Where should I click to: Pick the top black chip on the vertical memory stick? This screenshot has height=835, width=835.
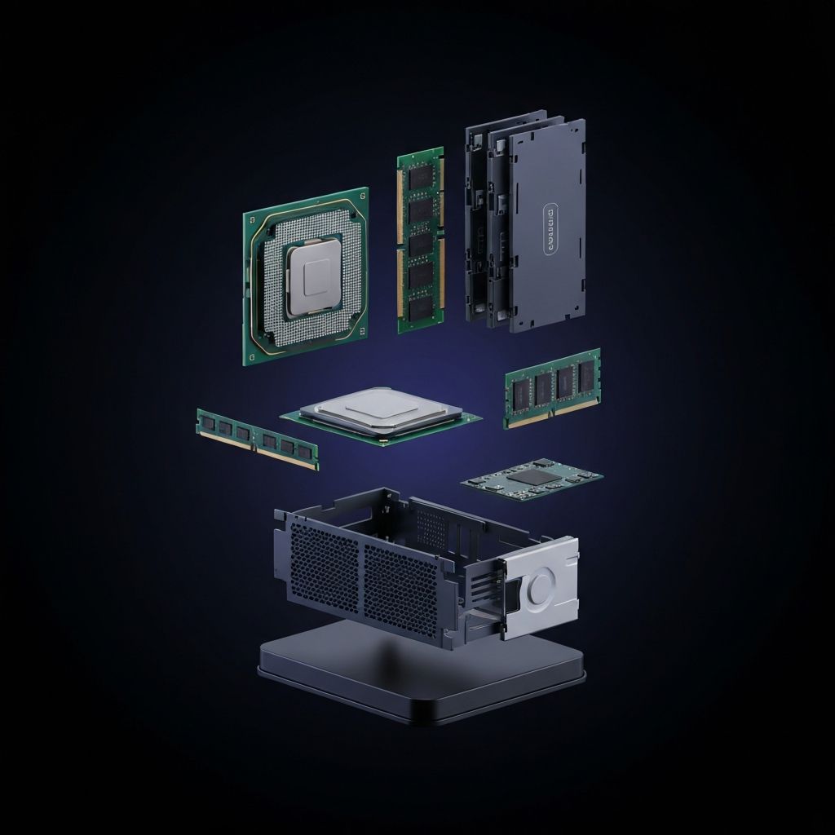pos(420,175)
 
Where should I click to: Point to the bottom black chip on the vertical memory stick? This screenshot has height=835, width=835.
pos(421,308)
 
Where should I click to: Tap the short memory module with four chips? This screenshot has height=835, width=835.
pos(552,387)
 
